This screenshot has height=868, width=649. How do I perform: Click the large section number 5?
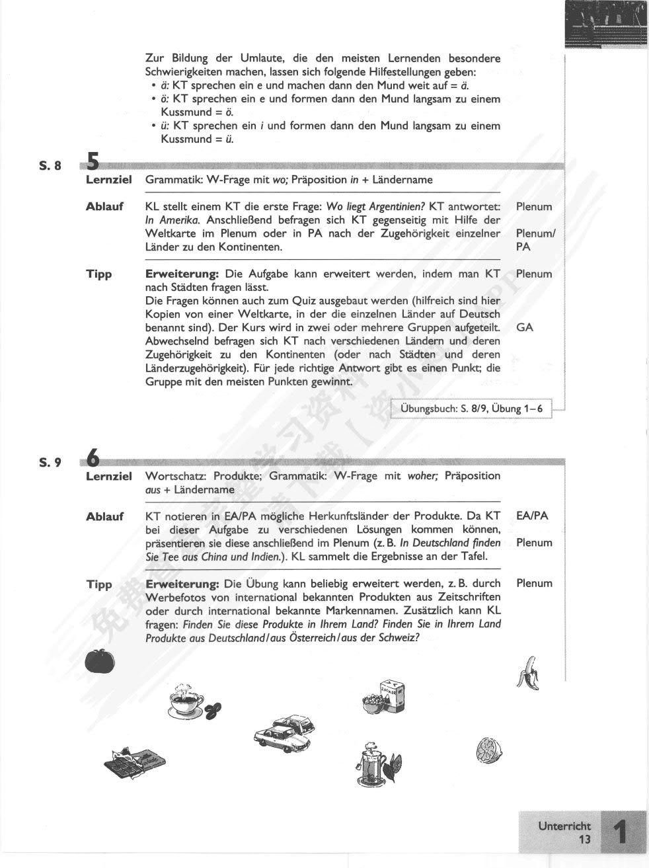pos(93,162)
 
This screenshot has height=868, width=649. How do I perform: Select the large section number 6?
pos(93,457)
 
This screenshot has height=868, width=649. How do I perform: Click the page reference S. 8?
pos(49,166)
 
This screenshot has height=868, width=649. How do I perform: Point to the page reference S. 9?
pos(49,462)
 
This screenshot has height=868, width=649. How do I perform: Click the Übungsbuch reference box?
pos(471,409)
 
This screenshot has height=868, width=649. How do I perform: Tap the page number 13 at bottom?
pos(584,840)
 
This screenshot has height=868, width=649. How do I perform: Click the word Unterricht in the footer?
pos(564,826)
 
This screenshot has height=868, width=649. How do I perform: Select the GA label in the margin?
pos(525,327)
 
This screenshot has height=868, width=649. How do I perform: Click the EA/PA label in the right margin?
pos(532,516)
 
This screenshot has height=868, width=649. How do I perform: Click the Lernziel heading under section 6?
pos(109,476)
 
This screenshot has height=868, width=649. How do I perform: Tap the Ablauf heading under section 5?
pos(104,206)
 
